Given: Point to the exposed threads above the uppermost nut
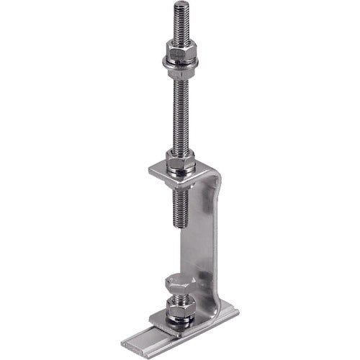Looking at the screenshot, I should coord(179,22).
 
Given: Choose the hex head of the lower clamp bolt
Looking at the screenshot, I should coord(179,283).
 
